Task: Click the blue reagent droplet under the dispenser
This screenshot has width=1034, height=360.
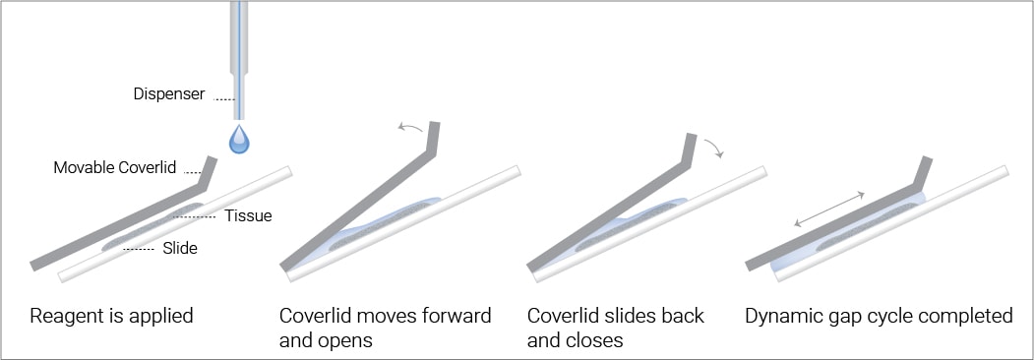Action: pos(239,141)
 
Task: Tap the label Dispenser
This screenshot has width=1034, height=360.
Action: pos(169,95)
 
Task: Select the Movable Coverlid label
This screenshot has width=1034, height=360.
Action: pos(115,168)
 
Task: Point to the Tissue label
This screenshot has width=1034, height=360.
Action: pos(250,215)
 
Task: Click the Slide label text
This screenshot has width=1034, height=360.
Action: pos(180,249)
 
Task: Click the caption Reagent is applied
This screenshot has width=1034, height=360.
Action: pos(111,317)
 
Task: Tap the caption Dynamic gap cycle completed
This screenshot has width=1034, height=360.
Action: pos(879,317)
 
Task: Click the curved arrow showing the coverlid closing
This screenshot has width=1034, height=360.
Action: pos(715,148)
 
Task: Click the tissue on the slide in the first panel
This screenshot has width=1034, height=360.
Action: pos(148,233)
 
